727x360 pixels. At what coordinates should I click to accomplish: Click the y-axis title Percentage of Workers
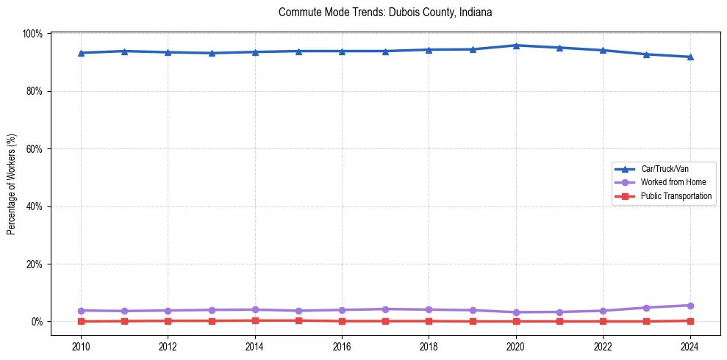(12, 184)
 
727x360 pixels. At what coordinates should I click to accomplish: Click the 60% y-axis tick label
(34, 148)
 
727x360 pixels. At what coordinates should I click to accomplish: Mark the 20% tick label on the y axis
(34, 264)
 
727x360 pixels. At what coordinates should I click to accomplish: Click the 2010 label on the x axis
(81, 348)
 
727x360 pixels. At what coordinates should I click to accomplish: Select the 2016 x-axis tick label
(342, 348)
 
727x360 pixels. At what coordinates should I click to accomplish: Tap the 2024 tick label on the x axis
(690, 348)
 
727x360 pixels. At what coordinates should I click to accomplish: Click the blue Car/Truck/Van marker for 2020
(516, 46)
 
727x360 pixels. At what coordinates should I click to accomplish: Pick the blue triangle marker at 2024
(690, 57)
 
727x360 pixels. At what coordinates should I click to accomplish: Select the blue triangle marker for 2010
(81, 53)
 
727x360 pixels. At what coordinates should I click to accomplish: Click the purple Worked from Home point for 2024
(690, 306)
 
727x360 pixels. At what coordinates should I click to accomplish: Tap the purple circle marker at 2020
(516, 312)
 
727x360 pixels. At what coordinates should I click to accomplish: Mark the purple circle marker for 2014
(255, 309)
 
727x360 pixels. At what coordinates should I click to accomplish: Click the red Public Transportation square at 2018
(429, 321)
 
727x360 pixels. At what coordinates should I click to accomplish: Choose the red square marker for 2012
(168, 320)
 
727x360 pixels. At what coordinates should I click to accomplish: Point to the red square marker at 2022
(603, 321)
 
